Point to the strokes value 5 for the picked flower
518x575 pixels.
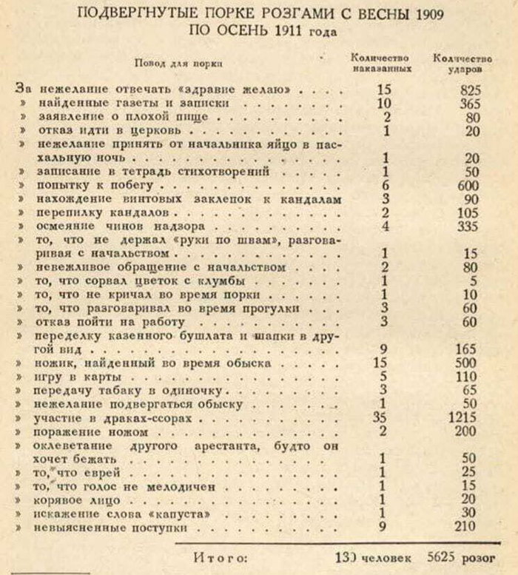(473, 281)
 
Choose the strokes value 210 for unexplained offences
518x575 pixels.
(466, 529)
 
